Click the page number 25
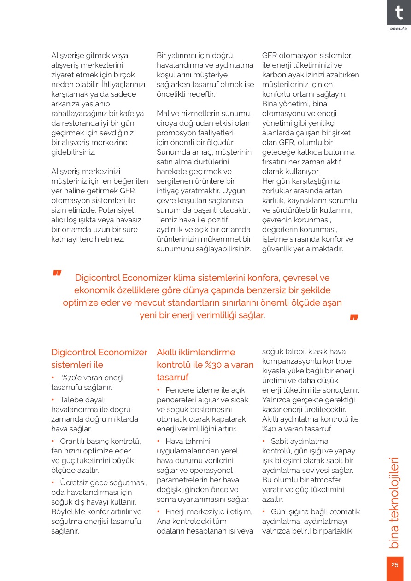(395, 565)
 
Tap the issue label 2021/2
(399, 29)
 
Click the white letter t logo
(399, 12)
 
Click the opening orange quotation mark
(57, 273)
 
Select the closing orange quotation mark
(354, 318)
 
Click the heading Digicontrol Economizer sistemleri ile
(99, 359)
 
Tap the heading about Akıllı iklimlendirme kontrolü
(205, 365)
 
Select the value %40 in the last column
(269, 429)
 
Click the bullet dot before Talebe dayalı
(53, 399)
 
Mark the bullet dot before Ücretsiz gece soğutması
(53, 482)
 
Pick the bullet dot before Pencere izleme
(159, 390)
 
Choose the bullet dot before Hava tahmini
(159, 442)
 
